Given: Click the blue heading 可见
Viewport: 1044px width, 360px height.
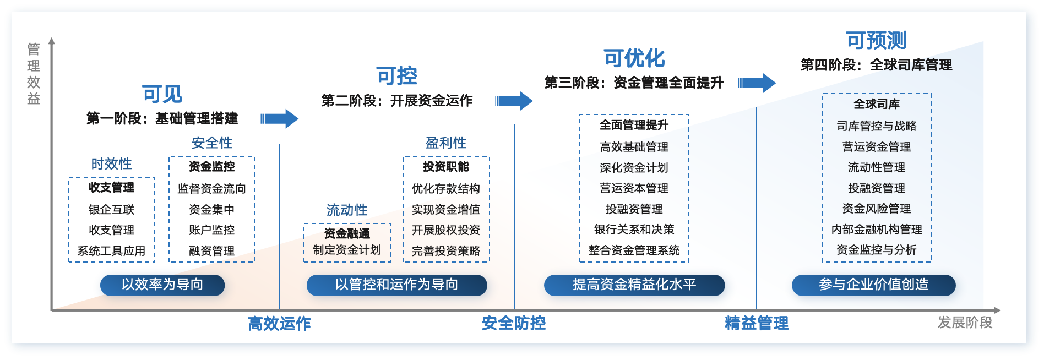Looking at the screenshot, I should click(x=162, y=94).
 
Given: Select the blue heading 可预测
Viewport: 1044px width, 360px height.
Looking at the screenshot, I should click(x=876, y=40).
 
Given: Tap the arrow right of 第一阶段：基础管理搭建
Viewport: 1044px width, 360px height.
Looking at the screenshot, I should click(x=279, y=118).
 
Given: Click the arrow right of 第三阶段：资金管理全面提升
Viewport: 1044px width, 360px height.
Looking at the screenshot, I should click(x=757, y=83).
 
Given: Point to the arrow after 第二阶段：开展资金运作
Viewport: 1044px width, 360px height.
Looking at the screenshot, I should click(x=514, y=101).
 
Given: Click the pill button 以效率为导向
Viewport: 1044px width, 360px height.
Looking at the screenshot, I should click(x=162, y=285).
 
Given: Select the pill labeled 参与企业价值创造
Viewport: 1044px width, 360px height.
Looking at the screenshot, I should click(x=873, y=285).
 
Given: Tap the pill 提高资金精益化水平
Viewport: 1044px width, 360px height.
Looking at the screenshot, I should click(x=634, y=285).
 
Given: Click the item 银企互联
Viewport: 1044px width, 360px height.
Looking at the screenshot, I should click(x=111, y=210).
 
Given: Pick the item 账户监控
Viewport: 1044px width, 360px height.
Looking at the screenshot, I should click(x=211, y=230).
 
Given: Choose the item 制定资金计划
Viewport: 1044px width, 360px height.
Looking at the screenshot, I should click(x=347, y=250).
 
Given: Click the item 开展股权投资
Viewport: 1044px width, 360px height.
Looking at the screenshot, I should click(x=446, y=230).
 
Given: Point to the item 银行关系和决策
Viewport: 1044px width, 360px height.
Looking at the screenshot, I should click(x=634, y=230).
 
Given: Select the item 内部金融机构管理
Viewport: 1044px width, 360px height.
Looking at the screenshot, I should click(x=877, y=230).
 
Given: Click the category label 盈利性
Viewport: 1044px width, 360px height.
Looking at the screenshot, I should click(x=446, y=143).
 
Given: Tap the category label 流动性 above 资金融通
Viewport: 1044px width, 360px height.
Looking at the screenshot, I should click(x=347, y=210).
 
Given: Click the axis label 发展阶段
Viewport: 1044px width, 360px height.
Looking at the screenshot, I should click(x=965, y=323).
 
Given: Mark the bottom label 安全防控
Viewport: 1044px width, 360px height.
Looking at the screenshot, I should click(x=514, y=323).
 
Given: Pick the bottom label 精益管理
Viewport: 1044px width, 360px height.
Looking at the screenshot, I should click(x=757, y=323).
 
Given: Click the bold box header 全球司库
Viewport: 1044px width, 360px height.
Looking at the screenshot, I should click(x=877, y=104).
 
